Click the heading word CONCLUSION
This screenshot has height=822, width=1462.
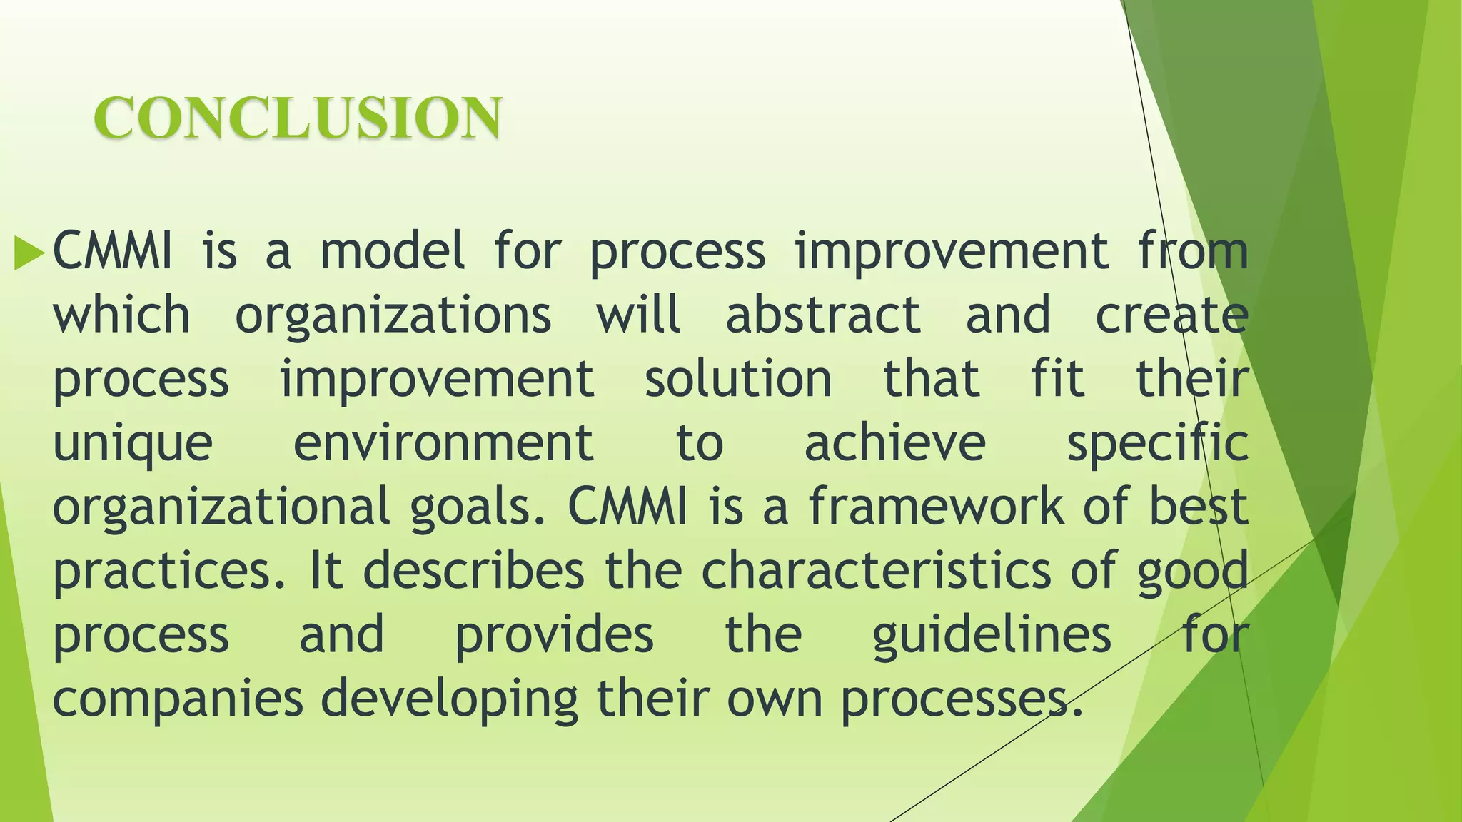click(x=298, y=118)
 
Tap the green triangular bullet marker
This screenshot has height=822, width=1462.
click(x=29, y=253)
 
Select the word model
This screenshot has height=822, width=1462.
click(x=392, y=251)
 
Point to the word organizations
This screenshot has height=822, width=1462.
click(x=393, y=316)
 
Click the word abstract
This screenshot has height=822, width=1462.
click(x=823, y=315)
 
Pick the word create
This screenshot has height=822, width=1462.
click(x=1171, y=315)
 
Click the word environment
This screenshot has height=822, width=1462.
click(x=443, y=442)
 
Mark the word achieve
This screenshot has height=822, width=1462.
click(x=895, y=442)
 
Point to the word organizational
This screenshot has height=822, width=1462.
click(x=221, y=507)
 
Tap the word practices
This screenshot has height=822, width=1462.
click(x=168, y=571)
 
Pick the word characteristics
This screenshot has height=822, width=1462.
click(x=876, y=570)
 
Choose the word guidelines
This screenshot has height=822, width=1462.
click(x=992, y=635)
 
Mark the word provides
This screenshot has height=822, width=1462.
click(x=554, y=635)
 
